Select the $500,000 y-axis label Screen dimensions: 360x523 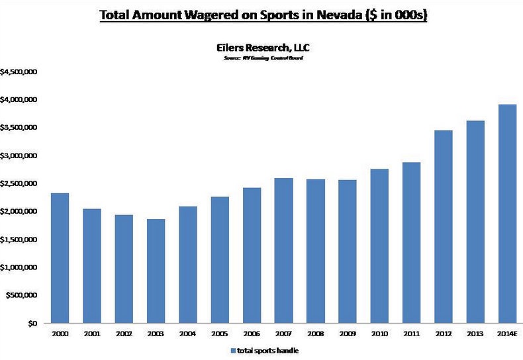pos(21,295)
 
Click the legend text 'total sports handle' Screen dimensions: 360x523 pos(265,349)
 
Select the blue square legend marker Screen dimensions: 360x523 pos(233,349)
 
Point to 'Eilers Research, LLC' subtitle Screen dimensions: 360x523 pos(262,48)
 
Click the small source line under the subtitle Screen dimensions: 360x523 pos(262,58)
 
